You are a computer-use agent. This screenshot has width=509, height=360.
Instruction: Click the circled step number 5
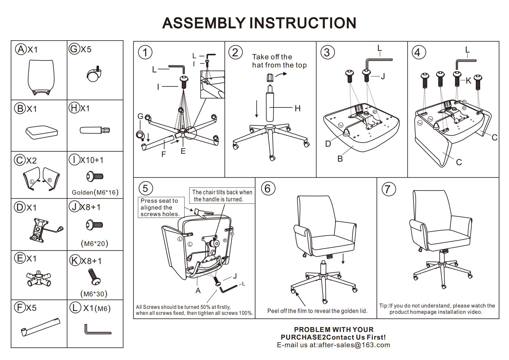click(145, 188)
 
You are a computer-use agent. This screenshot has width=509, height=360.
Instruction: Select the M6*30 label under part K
click(94, 294)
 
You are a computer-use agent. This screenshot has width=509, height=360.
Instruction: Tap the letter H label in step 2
click(298, 108)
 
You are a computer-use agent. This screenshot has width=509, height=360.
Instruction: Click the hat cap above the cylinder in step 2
click(270, 78)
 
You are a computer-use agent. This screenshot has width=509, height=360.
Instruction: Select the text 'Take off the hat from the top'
click(279, 61)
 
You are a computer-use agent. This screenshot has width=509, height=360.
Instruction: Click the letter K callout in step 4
click(468, 81)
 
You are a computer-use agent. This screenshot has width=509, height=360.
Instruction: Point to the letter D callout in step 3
click(328, 144)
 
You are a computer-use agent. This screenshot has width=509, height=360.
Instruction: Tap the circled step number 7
click(388, 189)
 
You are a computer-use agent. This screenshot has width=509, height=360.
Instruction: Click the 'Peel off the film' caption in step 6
click(317, 311)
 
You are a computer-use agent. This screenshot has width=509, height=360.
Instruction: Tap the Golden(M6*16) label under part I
click(95, 192)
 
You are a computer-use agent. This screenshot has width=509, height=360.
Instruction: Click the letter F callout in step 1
click(164, 154)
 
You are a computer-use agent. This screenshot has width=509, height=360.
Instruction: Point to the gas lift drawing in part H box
click(95, 130)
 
